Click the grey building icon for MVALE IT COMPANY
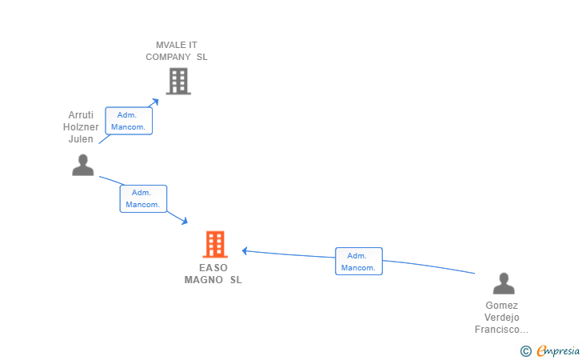(178, 81)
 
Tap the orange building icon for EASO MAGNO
(215, 245)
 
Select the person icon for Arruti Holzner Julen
(83, 165)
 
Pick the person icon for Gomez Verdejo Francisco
(504, 283)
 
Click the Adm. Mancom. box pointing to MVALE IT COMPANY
(129, 121)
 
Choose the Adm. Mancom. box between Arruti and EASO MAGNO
(143, 198)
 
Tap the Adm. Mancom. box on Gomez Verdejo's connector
(358, 261)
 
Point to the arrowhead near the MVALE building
(156, 102)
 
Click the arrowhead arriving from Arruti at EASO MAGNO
(185, 221)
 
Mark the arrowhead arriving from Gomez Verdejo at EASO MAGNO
(245, 251)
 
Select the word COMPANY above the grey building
(168, 57)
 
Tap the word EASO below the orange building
(213, 268)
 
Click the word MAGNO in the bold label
(203, 280)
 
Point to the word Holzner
(81, 127)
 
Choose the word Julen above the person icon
(81, 139)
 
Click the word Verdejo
(502, 318)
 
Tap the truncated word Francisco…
(501, 330)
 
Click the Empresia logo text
(558, 350)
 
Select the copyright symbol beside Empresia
(526, 351)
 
